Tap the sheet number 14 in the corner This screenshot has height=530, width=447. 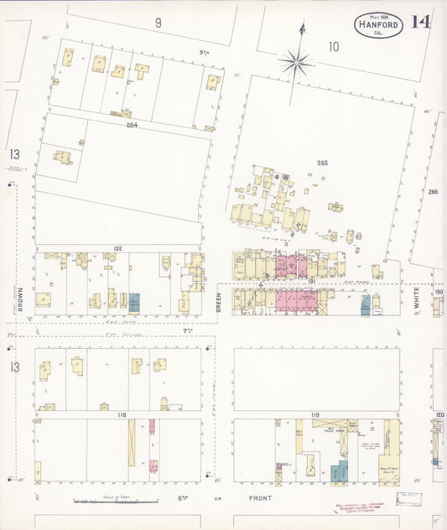[421, 21]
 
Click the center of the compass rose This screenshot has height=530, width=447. [296, 61]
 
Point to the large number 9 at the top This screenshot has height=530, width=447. [158, 23]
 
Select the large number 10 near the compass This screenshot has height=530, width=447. [334, 46]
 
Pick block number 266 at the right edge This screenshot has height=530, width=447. [433, 192]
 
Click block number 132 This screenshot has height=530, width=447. [117, 248]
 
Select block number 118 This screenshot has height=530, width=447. [122, 414]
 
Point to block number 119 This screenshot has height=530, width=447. [315, 415]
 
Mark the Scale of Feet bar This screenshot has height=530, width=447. [109, 501]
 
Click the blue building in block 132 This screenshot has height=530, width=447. [134, 301]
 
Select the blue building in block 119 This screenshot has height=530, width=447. [339, 472]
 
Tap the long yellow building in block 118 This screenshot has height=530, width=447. [132, 443]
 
